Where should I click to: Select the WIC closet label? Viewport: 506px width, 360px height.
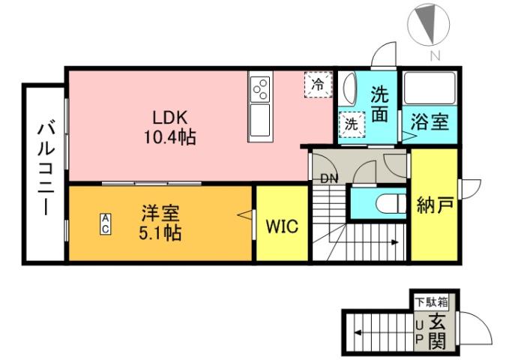(283, 226)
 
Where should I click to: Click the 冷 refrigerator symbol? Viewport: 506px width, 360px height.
(318, 85)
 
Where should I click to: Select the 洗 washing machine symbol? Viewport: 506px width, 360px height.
(351, 125)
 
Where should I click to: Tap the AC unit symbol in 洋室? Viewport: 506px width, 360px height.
(106, 223)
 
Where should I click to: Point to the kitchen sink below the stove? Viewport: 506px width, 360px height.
(260, 119)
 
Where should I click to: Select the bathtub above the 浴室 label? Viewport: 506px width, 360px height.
(431, 89)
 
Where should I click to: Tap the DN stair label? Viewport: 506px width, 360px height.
(328, 178)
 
